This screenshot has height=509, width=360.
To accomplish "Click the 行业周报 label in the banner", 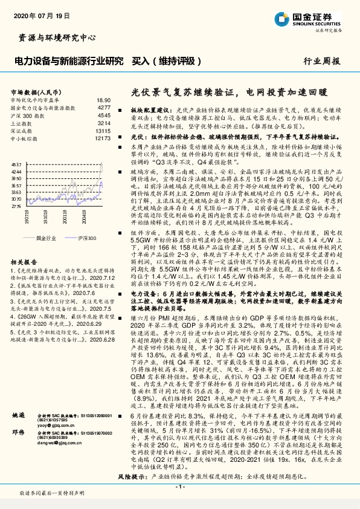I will [322, 61].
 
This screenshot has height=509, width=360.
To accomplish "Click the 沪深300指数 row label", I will [28, 114].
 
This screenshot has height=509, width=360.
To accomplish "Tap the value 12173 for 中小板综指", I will [103, 138].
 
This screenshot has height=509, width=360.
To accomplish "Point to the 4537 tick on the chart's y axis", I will [16, 164].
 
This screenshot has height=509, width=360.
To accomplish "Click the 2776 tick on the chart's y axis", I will [16, 206].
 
